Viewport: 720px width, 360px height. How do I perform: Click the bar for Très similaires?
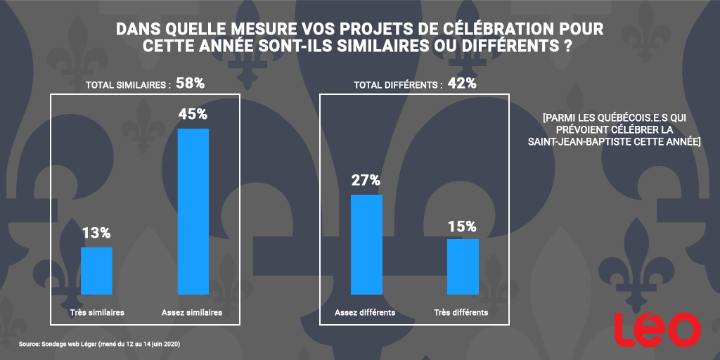96,271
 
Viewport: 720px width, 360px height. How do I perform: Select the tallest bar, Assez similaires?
193,211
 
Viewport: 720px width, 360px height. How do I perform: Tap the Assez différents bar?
366,244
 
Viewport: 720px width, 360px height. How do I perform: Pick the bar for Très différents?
463,266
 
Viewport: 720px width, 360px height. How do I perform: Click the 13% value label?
96,233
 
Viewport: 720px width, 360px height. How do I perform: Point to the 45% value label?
193,115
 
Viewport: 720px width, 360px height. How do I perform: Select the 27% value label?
366,180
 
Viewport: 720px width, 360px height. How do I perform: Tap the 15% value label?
462,226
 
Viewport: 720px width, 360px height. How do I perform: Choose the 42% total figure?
462,84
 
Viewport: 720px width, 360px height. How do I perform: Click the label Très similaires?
97,312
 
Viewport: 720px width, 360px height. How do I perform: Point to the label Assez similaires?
192,312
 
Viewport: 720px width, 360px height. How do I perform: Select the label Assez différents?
366,312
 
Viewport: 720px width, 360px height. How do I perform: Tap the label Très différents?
462,312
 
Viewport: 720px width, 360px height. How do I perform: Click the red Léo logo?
657,329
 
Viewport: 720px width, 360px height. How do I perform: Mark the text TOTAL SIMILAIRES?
128,85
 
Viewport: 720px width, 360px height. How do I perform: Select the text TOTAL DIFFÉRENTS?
398,85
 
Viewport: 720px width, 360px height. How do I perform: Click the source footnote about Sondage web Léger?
100,345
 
